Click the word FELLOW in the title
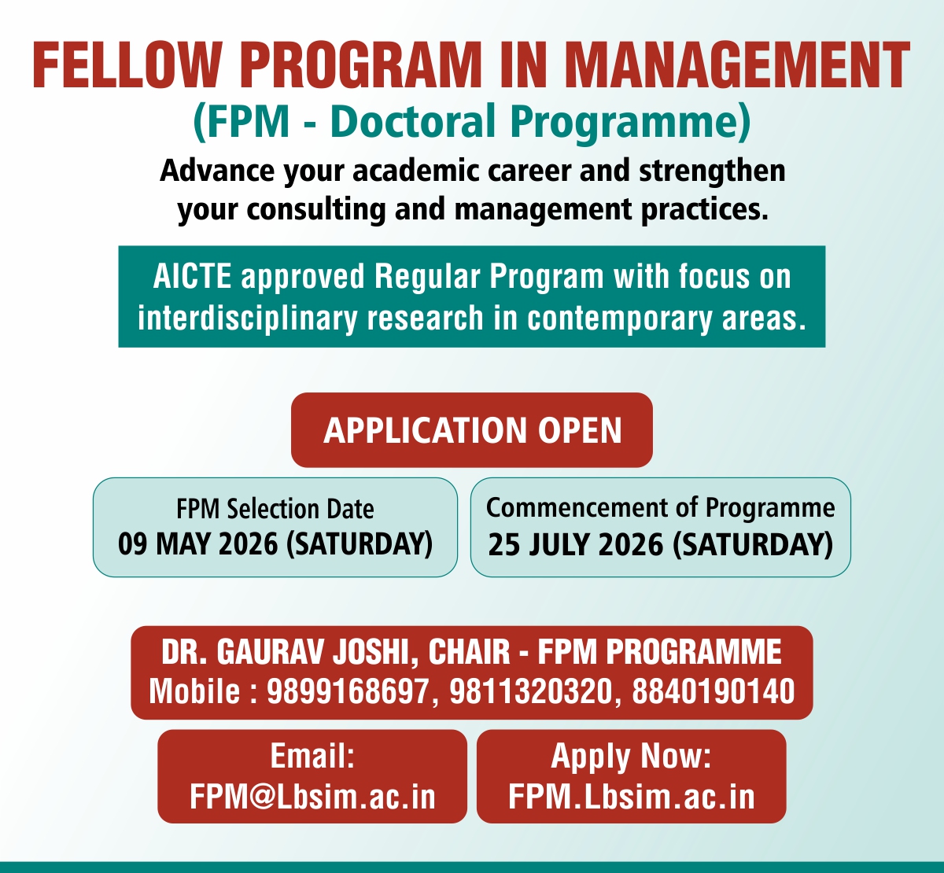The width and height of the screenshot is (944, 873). [127, 65]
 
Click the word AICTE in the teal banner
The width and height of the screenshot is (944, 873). [192, 276]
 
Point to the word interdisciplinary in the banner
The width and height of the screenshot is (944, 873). [247, 319]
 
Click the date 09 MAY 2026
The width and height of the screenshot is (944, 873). [197, 543]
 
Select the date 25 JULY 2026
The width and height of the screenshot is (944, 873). [576, 544]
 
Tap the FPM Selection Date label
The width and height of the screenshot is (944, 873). [275, 509]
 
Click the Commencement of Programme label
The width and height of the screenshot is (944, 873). [660, 508]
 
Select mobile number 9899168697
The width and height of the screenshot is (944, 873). [348, 691]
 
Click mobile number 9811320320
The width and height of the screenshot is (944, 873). [530, 691]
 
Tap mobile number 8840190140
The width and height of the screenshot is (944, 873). [714, 691]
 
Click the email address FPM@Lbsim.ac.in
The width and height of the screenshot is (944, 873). [313, 797]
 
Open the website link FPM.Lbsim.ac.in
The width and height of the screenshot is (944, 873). [632, 797]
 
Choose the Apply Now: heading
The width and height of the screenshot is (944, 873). [631, 757]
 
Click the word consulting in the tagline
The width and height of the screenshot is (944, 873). [316, 210]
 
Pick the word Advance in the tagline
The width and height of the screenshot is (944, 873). [217, 171]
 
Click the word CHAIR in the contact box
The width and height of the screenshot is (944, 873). [469, 651]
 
